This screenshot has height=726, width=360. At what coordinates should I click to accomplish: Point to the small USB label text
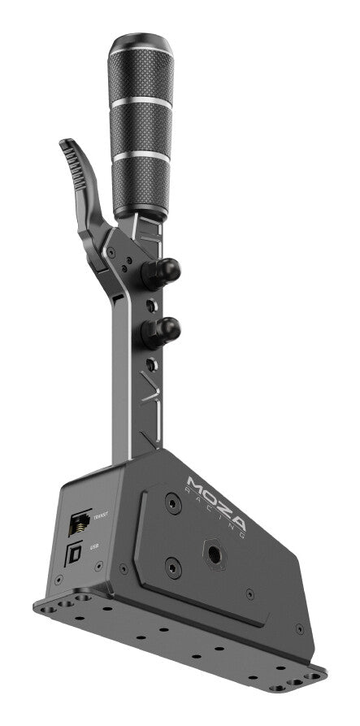coord(94,549)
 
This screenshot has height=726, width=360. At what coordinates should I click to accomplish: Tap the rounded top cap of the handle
coord(141,45)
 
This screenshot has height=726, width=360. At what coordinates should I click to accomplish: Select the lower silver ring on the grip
coord(141,154)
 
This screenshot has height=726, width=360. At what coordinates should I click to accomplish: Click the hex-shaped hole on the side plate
coord(215,554)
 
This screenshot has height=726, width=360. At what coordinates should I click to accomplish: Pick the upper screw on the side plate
coord(171,504)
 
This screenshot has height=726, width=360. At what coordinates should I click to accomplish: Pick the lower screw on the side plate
coord(171,567)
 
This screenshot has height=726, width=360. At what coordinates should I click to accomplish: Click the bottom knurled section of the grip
coord(142,184)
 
